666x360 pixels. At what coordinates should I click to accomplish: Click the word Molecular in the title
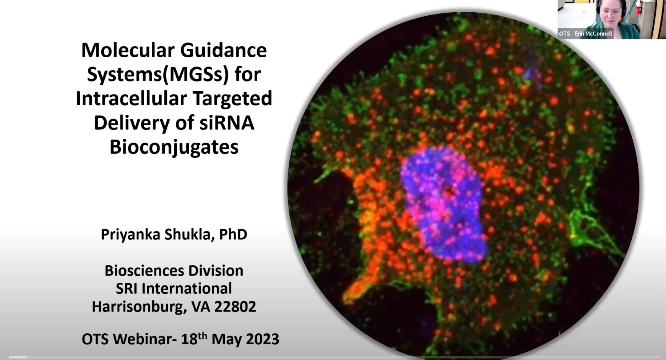[x=128, y=50]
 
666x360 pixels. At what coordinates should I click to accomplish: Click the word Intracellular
[x=131, y=98]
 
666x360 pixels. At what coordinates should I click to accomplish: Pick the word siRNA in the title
[x=227, y=123]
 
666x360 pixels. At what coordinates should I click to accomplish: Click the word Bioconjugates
[x=174, y=148]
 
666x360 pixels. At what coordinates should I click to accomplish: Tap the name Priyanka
[x=130, y=235]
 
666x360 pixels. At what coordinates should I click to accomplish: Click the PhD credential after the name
[x=233, y=234]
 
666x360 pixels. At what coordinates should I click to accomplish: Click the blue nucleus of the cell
[x=443, y=208]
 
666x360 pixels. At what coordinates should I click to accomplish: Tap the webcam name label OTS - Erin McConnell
[x=585, y=34]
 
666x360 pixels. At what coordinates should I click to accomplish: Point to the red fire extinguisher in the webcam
[x=638, y=7]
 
